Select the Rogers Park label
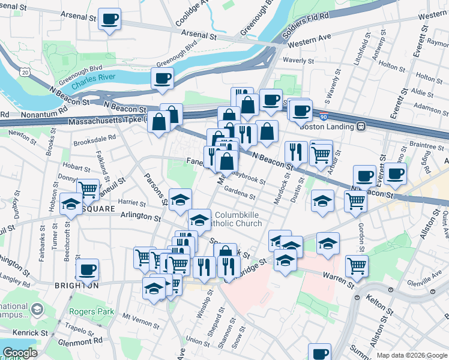[x=91, y=311]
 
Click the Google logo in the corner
[x=20, y=353]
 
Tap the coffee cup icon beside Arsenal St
[x=109, y=19]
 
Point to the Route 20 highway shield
[x=25, y=71]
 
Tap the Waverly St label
[x=298, y=61]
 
